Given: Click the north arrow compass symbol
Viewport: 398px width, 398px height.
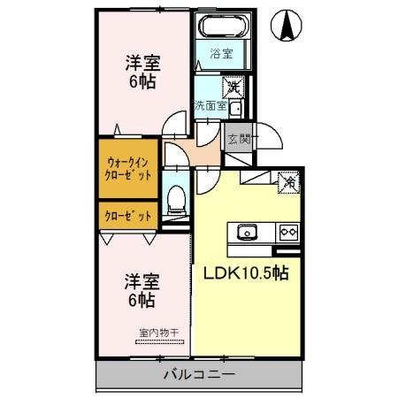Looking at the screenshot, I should [287, 25].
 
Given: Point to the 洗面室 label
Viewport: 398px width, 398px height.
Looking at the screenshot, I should [211, 105].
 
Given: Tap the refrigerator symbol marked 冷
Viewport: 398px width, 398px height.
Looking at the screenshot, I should [289, 182].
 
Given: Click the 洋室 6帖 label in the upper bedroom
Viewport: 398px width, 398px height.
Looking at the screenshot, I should [142, 71].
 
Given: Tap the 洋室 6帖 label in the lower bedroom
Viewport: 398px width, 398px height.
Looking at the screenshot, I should [142, 291].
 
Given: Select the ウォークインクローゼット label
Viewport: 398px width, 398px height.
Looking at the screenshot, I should [130, 169].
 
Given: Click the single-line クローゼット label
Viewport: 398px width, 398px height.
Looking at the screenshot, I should [129, 215].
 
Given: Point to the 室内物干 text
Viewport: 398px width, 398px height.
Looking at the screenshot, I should [158, 333].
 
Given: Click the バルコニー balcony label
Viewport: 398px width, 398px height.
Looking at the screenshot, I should [198, 375].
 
